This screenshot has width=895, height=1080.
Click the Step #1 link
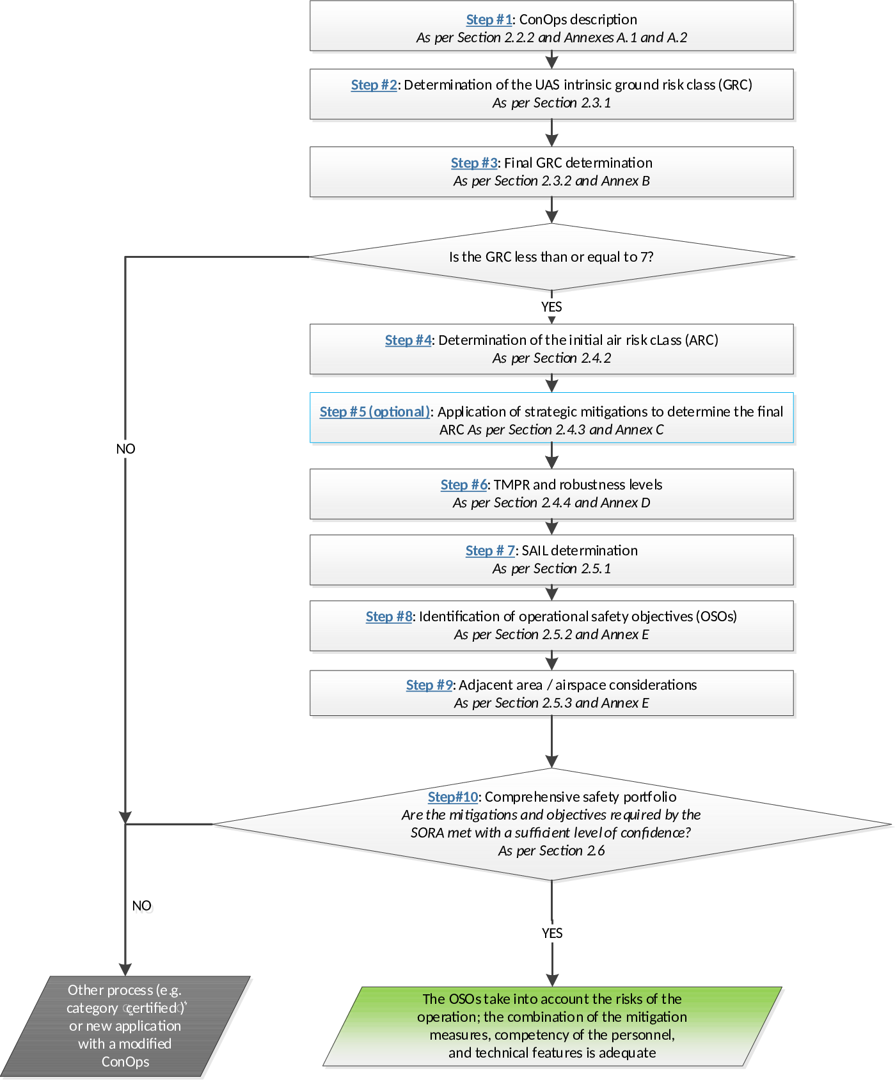[489, 20]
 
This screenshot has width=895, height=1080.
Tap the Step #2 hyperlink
[374, 85]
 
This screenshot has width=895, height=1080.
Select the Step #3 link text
[474, 163]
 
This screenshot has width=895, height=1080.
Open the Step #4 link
[408, 340]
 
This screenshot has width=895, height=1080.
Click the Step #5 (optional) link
[375, 412]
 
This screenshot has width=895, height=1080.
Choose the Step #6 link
[464, 485]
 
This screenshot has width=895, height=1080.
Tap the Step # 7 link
[490, 551]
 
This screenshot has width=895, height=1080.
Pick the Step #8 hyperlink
[389, 617]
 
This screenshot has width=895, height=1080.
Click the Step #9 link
[429, 685]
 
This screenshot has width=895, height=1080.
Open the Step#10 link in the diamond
[453, 797]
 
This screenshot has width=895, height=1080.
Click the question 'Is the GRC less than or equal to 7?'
[551, 257]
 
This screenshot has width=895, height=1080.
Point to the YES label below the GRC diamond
[551, 307]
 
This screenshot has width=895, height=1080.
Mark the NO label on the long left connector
[125, 449]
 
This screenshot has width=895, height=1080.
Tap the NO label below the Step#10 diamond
[141, 906]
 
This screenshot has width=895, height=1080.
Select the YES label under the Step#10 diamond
[552, 933]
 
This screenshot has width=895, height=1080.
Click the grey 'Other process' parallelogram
[125, 1026]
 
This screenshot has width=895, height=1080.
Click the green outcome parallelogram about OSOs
[552, 1026]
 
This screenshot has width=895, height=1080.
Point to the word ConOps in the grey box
[125, 1062]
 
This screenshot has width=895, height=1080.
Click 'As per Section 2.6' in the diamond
[551, 851]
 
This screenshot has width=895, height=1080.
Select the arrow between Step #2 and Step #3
[551, 133]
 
